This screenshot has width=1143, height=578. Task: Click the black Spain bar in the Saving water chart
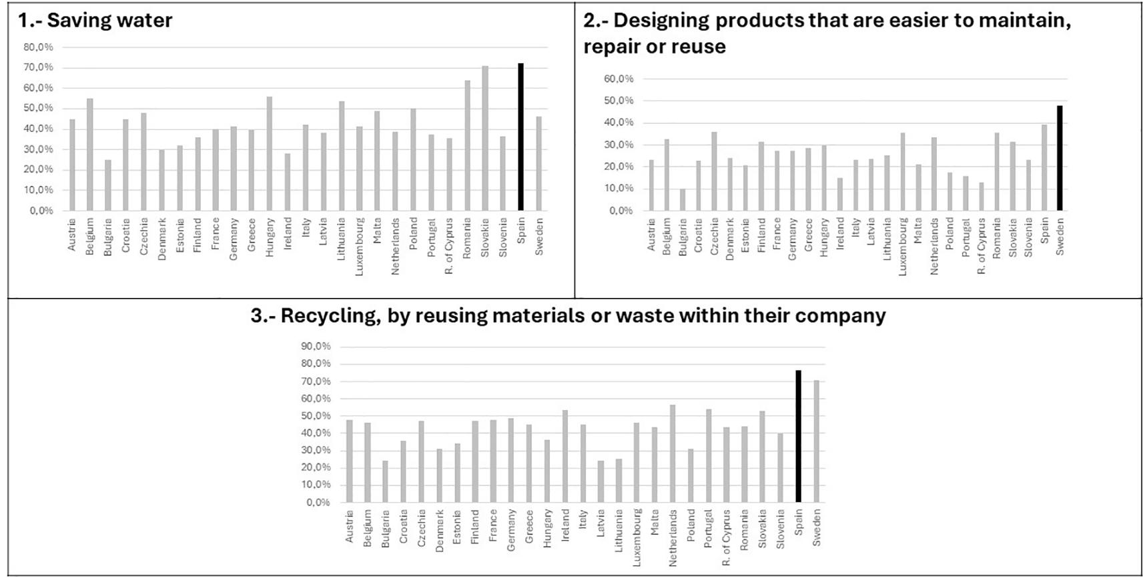point(520,137)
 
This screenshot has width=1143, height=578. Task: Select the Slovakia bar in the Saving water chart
point(484,138)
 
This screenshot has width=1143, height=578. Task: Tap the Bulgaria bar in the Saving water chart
point(107,185)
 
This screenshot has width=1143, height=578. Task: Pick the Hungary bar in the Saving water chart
point(270,153)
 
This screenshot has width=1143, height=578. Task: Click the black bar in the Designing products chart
point(1060,158)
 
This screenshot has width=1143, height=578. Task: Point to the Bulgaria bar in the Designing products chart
point(682,200)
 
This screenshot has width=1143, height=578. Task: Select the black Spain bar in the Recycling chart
point(798,436)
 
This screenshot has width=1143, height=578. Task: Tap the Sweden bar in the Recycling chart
point(816,441)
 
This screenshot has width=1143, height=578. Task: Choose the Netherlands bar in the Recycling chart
point(672,453)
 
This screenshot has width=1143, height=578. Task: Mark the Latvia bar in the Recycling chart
point(601,481)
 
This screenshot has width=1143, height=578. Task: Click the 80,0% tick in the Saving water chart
point(38,47)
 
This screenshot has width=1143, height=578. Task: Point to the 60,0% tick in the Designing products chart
point(619,79)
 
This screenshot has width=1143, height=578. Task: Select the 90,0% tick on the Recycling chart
point(316,347)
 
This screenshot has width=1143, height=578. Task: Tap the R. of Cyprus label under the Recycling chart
point(726,538)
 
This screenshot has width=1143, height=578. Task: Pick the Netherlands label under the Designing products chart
point(933,247)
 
